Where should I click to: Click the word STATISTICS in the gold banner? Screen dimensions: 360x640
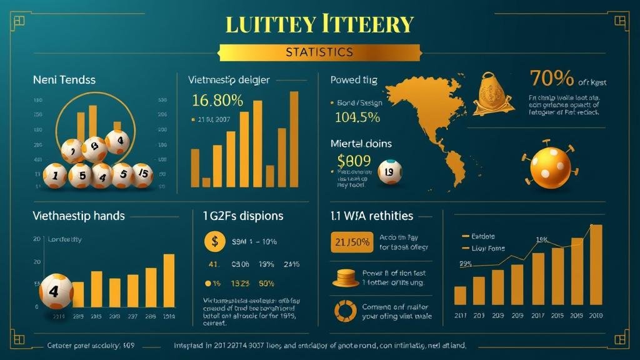pyautogui.click(x=319, y=52)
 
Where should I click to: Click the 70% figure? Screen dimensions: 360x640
pyautogui.click(x=551, y=79)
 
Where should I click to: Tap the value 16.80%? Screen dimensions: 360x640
pyautogui.click(x=218, y=100)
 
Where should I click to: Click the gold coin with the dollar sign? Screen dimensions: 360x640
pyautogui.click(x=214, y=241)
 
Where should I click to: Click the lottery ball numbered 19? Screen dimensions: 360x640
pyautogui.click(x=390, y=172)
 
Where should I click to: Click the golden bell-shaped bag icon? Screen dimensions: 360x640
pyautogui.click(x=492, y=93)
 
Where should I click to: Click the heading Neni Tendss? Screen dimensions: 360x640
pyautogui.click(x=64, y=80)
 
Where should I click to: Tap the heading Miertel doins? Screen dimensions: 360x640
pyautogui.click(x=361, y=144)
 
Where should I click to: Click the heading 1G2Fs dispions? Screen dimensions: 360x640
pyautogui.click(x=242, y=216)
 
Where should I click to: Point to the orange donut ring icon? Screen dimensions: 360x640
pyautogui.click(x=345, y=311)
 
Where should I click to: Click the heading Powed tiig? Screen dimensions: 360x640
pyautogui.click(x=353, y=79)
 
